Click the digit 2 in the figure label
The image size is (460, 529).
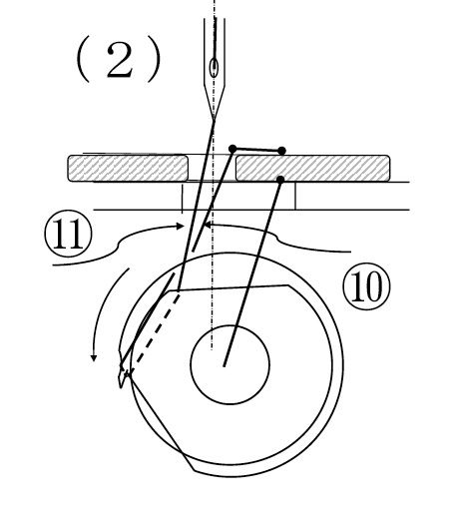coord(119,61)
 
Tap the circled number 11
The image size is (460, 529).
coord(68,235)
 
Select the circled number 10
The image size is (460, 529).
coord(366,286)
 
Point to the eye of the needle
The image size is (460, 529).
coord(214,67)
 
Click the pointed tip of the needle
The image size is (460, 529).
coord(215,119)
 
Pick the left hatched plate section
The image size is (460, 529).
coord(128,168)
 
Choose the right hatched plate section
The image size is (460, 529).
coord(312,168)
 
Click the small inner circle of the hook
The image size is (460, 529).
coord(230,364)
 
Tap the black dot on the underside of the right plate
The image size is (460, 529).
coord(280,180)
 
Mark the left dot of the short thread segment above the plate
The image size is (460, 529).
coord(232,149)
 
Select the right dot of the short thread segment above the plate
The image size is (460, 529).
coord(282,151)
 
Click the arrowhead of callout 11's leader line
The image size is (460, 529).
coord(182,226)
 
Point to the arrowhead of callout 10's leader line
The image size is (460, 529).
coord(208,224)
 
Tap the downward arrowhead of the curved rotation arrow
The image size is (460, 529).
coord(94,357)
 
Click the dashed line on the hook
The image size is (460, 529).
coord(154,333)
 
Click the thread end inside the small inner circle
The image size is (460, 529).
coord(225,365)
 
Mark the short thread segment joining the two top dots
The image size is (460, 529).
coord(257,150)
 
